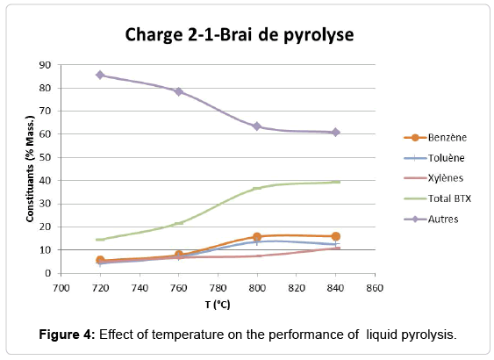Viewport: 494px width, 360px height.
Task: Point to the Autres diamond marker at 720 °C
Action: tap(100, 75)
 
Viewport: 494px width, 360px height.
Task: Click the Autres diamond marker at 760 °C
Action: tap(178, 91)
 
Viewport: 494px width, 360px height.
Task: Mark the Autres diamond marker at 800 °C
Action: tap(257, 126)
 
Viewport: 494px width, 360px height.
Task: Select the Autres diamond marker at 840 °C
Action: tap(335, 133)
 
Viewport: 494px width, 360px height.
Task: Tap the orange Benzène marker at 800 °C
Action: tap(257, 237)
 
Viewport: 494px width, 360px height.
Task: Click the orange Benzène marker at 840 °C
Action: tap(335, 236)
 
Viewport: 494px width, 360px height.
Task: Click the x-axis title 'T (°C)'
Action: tap(218, 304)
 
